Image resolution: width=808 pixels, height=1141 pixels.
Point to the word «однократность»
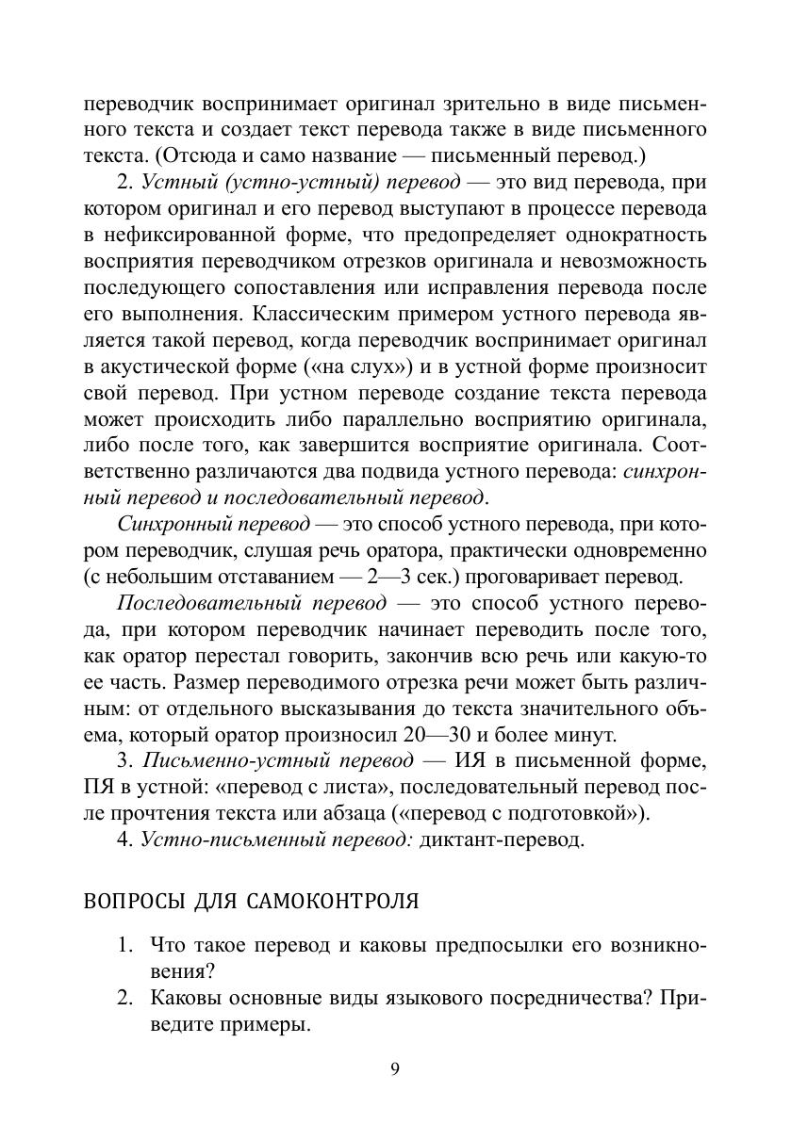pos(631,235)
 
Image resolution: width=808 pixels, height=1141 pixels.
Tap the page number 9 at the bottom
pos(395,1068)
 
